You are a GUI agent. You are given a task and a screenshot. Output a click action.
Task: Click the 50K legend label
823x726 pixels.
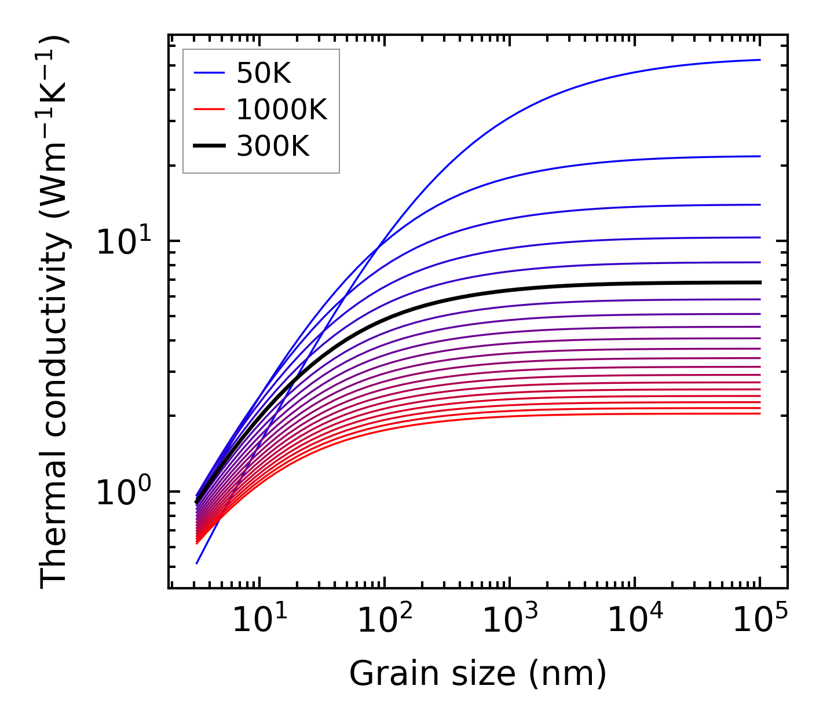264,73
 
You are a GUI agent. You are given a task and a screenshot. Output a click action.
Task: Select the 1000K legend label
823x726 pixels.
281,109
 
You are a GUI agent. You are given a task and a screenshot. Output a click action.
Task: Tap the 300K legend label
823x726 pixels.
273,146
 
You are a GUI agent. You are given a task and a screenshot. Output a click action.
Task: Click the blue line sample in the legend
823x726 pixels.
209,73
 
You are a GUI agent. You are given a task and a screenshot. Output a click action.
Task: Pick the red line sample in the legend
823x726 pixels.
209,109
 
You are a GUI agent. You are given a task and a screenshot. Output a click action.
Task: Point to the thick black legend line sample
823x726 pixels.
209,146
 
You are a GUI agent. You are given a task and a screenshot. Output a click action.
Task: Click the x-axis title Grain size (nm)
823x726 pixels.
478,674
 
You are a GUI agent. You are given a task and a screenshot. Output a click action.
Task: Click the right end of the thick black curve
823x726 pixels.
759,283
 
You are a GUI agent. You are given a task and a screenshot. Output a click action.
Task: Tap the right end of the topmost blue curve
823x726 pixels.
759,60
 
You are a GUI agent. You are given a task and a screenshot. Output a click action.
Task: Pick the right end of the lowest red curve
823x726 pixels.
759,413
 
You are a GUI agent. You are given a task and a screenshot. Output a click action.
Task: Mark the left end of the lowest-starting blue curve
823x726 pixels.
197,563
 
